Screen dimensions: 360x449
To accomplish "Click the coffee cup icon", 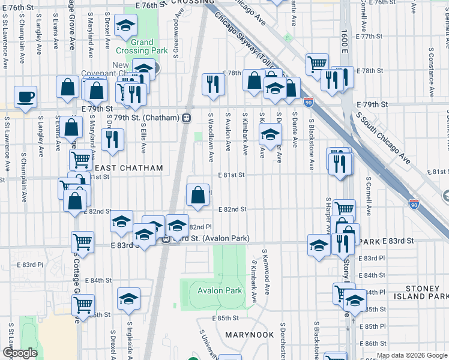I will [x=25, y=97].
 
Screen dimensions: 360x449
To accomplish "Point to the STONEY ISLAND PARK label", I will [x=421, y=292].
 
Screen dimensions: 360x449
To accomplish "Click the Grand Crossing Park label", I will [x=142, y=47].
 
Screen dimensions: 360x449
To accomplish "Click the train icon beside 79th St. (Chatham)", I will [x=187, y=118].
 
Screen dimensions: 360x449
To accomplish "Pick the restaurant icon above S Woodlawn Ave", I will [x=211, y=84].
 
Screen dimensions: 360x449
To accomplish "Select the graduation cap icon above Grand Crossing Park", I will [x=125, y=26].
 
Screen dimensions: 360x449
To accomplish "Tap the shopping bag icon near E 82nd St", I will [x=197, y=194].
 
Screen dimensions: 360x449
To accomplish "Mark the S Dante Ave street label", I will [x=295, y=128].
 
